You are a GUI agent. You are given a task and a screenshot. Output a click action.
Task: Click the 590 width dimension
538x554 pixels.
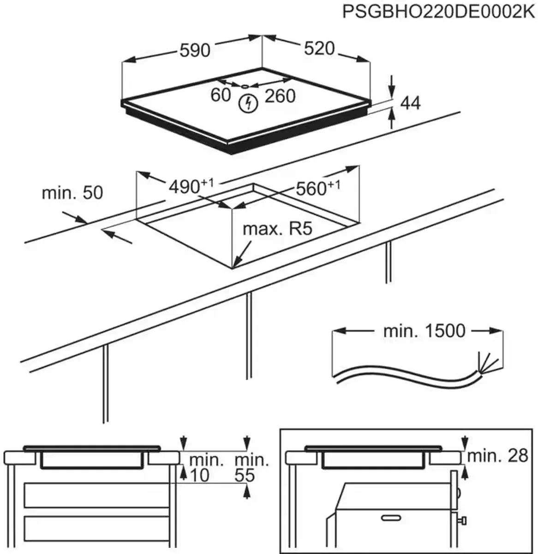194,49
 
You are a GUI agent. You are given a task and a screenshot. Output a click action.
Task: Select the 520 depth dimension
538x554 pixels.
319,48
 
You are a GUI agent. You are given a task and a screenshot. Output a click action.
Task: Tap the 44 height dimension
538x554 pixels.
410,103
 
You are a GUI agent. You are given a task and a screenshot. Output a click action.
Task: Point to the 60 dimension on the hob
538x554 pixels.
220,95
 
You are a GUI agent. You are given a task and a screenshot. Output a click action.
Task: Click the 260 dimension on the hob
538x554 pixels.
280,96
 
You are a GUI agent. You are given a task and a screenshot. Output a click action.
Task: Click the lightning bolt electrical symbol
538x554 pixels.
248,103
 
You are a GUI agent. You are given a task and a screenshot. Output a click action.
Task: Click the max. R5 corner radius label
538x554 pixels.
278,229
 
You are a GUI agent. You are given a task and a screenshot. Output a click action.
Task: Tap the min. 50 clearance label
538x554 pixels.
72,193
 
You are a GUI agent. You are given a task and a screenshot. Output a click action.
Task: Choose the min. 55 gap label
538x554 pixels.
252,467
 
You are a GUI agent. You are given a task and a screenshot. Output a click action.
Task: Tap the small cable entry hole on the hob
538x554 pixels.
245,85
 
